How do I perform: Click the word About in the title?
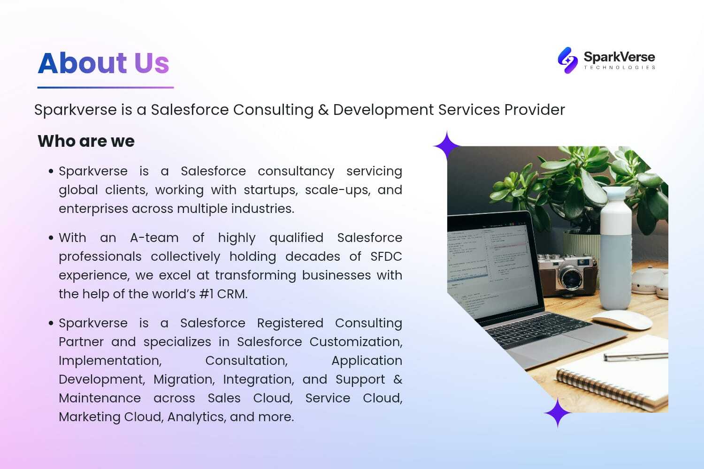point(82,63)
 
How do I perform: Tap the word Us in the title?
point(152,63)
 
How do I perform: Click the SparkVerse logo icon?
point(567,60)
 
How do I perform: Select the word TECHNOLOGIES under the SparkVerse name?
point(620,68)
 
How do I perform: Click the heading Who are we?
point(86,141)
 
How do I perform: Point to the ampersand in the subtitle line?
point(323,110)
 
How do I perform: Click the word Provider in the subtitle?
point(535,110)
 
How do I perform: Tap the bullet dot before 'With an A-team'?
point(51,238)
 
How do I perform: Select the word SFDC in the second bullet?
point(386,257)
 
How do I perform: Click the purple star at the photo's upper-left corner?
point(447,146)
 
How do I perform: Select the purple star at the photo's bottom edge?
point(558,413)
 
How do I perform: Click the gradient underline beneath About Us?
point(106,88)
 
